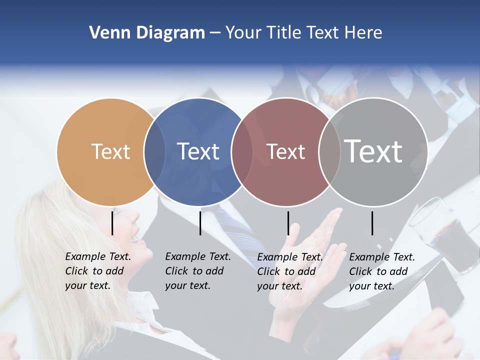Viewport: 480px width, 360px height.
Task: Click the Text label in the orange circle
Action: (x=110, y=151)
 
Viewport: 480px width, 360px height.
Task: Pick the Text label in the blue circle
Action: (x=198, y=151)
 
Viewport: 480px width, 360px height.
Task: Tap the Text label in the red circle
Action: (x=285, y=151)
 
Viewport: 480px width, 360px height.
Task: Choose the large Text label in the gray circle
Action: (x=373, y=151)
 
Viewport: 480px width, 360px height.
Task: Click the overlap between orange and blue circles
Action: (x=154, y=151)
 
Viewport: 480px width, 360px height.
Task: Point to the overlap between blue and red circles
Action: (x=242, y=151)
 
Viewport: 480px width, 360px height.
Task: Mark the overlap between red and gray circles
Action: (x=329, y=151)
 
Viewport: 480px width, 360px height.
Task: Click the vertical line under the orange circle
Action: (x=112, y=223)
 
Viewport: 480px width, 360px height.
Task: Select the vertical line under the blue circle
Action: (x=200, y=223)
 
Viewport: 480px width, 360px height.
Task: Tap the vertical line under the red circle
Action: (x=288, y=223)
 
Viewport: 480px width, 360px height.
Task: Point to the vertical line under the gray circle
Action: (x=372, y=223)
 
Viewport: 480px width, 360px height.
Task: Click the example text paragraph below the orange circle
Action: (x=97, y=271)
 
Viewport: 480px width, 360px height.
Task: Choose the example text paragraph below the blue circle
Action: (x=197, y=271)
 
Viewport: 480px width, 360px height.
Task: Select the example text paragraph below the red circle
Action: (x=289, y=271)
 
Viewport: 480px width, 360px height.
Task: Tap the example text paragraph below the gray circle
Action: (x=381, y=271)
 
